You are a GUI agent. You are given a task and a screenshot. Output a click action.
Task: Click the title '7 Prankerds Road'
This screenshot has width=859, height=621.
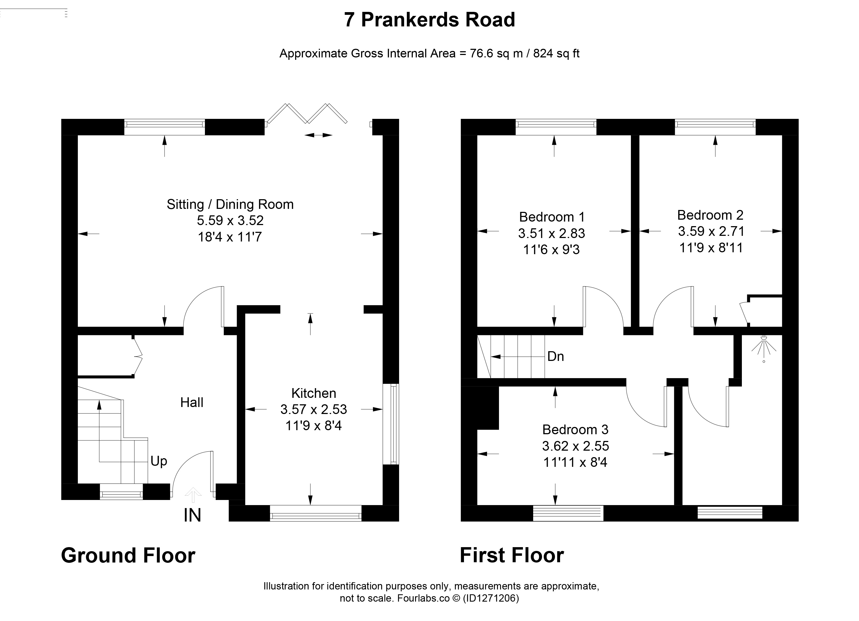429,20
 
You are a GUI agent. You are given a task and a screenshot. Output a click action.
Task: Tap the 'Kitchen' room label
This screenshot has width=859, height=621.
314,393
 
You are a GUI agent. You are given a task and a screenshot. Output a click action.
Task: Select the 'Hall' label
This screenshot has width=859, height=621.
192,402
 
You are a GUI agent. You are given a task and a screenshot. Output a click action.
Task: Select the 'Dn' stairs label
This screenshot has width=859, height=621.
556,356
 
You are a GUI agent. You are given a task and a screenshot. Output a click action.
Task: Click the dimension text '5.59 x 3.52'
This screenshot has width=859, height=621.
230,220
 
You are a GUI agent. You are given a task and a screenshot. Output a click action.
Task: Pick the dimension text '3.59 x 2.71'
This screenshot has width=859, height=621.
711,231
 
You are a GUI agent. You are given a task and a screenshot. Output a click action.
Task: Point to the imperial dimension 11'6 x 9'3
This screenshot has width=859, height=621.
551,250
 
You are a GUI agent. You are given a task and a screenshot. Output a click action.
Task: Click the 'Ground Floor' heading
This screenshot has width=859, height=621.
128,556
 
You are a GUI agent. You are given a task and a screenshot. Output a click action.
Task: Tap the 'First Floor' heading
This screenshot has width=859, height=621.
512,556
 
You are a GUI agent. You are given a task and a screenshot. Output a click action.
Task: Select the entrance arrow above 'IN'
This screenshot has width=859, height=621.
193,495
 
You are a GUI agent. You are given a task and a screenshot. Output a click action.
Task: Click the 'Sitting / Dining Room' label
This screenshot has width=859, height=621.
230,204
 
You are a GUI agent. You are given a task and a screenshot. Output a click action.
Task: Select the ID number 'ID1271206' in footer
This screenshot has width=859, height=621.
490,598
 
